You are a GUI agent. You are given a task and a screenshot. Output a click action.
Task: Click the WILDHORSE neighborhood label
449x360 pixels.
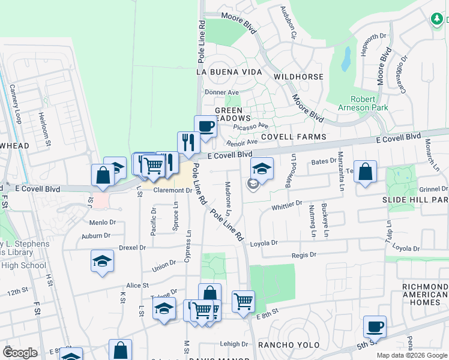click(x=298, y=77)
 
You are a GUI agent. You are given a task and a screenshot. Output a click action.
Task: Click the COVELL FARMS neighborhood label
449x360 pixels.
click(x=293, y=137)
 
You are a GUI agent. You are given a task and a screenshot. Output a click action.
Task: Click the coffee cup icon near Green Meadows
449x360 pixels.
click(x=206, y=127)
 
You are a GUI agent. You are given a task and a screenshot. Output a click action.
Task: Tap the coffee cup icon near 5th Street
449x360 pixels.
click(x=375, y=327)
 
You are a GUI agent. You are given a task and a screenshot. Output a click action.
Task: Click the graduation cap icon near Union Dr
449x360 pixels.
click(x=103, y=261)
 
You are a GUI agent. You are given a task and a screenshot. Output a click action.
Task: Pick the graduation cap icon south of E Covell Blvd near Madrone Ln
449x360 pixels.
click(x=262, y=169)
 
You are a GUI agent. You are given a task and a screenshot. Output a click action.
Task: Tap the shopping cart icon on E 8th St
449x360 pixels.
click(x=243, y=301)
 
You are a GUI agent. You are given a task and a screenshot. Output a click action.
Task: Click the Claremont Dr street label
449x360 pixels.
click(x=172, y=190)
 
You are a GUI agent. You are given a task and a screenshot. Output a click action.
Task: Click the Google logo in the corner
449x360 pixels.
click(x=20, y=353)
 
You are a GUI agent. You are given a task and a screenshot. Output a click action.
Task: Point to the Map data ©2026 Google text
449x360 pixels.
click(x=411, y=355)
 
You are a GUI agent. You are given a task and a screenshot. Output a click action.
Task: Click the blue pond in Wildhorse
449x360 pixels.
click(x=346, y=59)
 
